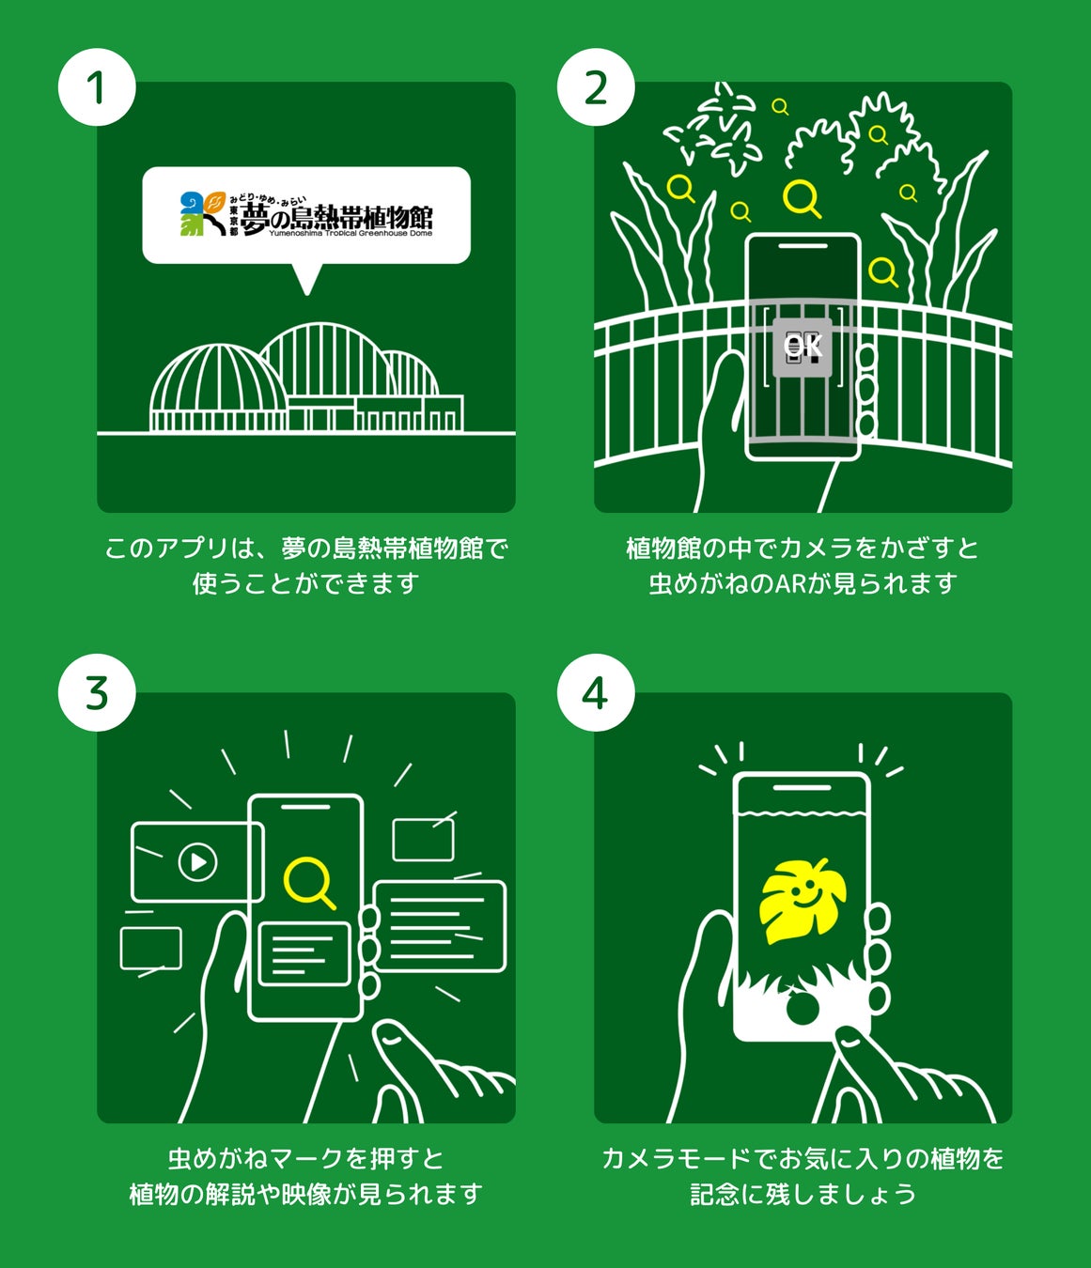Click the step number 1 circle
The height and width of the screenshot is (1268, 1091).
(x=97, y=87)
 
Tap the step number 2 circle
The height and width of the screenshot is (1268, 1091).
(x=596, y=87)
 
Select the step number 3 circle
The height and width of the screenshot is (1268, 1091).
(x=97, y=692)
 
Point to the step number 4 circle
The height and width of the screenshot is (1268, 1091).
(x=596, y=692)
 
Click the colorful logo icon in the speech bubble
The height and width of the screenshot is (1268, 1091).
(x=202, y=213)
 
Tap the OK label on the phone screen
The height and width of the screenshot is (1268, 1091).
(x=802, y=346)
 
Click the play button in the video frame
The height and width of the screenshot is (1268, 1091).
(x=197, y=862)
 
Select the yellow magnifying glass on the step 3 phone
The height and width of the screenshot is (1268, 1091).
(x=309, y=884)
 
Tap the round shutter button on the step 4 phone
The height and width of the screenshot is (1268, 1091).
(x=802, y=1007)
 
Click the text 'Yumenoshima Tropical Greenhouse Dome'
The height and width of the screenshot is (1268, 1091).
(x=351, y=233)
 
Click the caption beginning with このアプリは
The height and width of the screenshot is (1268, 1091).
(x=306, y=565)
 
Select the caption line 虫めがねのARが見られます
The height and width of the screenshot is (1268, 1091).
(x=803, y=582)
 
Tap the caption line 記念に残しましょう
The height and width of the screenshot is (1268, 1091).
(x=803, y=1194)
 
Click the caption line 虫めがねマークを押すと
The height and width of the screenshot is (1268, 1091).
(x=306, y=1158)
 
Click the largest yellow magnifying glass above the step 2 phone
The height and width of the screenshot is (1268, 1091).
(x=802, y=198)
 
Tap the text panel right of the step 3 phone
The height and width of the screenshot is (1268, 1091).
(x=440, y=926)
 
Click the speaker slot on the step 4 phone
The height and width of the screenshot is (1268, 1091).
(x=802, y=787)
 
